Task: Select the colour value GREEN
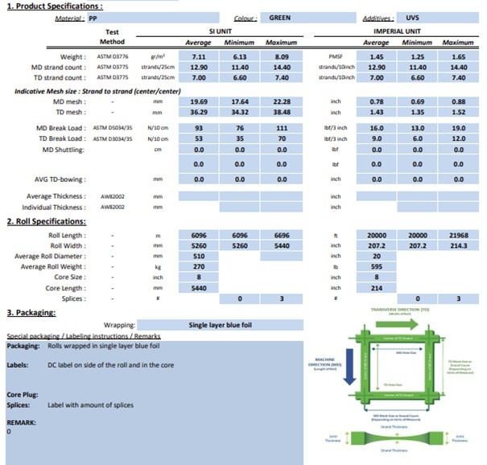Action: [x=280, y=17]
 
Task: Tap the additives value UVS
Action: [x=413, y=17]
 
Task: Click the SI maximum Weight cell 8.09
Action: [x=282, y=57]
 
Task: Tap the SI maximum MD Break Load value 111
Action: [x=282, y=129]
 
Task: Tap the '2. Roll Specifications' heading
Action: [x=44, y=220]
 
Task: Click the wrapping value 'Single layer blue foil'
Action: [x=224, y=325]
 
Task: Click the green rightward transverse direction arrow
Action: [x=407, y=324]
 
